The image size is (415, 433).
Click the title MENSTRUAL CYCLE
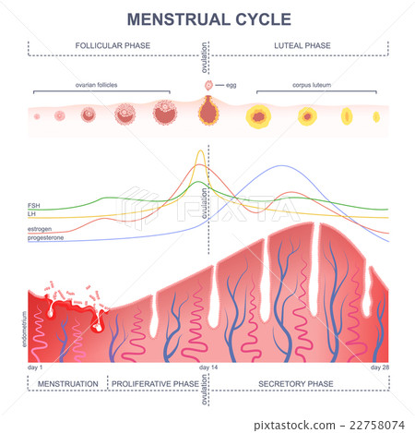tap(207, 18)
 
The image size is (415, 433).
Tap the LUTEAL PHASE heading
tap(303, 43)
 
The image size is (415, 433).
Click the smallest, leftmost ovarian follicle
tap(40, 117)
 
